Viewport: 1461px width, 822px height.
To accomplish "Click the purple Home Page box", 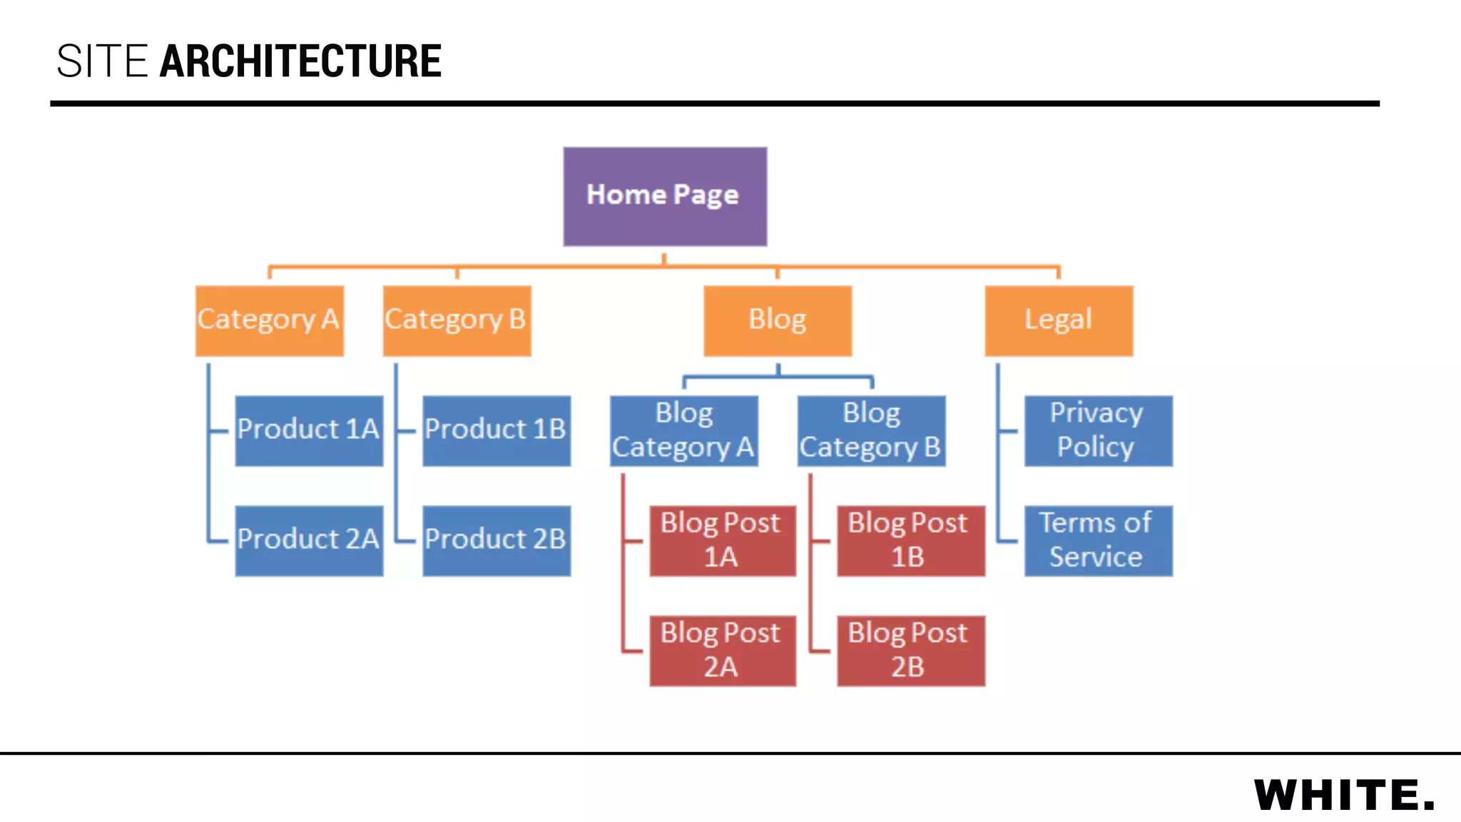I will [x=665, y=196].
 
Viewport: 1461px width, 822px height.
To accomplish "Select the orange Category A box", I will [x=270, y=320].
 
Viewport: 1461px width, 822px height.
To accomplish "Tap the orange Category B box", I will [x=457, y=320].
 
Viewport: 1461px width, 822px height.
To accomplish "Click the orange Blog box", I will [x=778, y=320].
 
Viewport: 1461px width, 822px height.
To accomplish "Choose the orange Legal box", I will [x=1059, y=320].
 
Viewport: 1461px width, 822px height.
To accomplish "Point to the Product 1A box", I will [x=309, y=430].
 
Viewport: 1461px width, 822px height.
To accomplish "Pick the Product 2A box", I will [x=309, y=540].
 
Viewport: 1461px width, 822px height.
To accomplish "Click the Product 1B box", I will [x=497, y=430].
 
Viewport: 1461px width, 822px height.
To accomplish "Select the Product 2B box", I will [x=497, y=540].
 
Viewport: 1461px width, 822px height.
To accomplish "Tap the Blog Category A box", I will [x=683, y=430].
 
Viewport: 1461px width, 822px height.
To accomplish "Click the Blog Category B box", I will [x=871, y=430].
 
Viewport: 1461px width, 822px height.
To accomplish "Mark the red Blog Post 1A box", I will [x=722, y=540].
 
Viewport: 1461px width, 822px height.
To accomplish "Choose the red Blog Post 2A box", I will [x=722, y=650].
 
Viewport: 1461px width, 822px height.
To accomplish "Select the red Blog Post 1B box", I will [x=910, y=540].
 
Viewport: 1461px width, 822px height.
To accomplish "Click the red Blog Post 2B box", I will [x=910, y=650].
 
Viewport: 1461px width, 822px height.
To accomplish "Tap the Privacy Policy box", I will [x=1098, y=430].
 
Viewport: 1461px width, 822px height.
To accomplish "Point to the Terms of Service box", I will [x=1098, y=540].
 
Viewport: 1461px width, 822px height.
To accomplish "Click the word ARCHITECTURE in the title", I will [x=300, y=61].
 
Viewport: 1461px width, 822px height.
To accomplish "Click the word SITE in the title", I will [x=102, y=61].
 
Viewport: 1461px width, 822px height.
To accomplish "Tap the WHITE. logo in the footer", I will [x=1344, y=795].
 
